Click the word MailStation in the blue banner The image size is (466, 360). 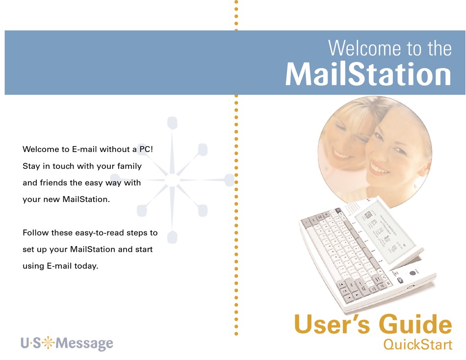(x=368, y=75)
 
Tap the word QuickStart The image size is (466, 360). (x=417, y=344)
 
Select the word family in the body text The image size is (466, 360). (x=129, y=166)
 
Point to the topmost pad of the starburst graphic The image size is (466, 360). (x=172, y=123)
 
